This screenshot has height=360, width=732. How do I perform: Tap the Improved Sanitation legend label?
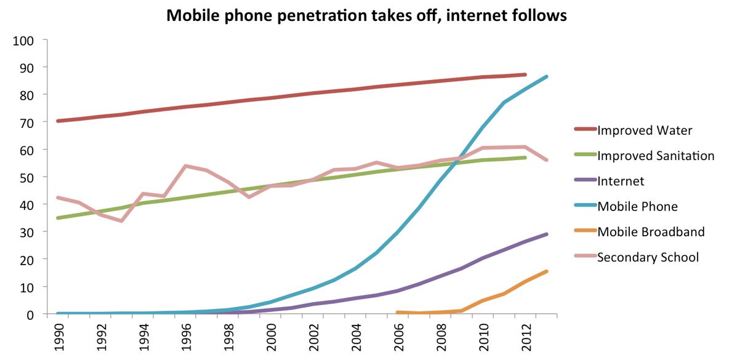[x=656, y=156]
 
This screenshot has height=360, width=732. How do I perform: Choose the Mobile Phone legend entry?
[x=637, y=206]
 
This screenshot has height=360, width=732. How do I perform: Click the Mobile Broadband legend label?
[x=651, y=232]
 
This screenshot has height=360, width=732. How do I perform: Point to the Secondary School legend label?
[x=648, y=257]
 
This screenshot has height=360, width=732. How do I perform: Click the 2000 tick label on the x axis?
[x=271, y=336]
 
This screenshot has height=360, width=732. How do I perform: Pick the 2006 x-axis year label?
[x=398, y=336]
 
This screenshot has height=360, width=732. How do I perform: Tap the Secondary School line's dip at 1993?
[x=121, y=221]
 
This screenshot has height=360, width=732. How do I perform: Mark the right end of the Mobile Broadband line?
[x=547, y=271]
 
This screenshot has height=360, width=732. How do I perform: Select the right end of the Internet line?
[x=547, y=234]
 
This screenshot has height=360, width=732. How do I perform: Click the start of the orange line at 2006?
[x=397, y=313]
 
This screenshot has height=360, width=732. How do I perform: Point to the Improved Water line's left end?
[x=57, y=121]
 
